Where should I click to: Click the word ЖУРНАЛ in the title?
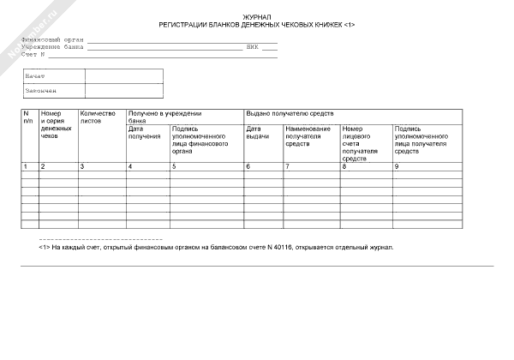[257, 17]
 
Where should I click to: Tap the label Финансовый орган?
[53, 39]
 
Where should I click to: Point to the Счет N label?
[33, 55]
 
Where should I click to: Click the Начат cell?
[35, 76]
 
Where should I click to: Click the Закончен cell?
[40, 90]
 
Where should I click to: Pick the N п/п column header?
[28, 117]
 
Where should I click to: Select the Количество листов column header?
[97, 117]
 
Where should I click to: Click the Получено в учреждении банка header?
[164, 117]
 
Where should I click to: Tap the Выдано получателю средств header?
[290, 113]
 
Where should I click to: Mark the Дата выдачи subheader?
[258, 133]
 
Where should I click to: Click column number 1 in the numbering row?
[25, 165]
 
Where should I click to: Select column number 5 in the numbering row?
[174, 165]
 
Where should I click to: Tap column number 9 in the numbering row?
[397, 165]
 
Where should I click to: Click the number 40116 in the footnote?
[280, 247]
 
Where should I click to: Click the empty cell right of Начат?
[123, 76]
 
